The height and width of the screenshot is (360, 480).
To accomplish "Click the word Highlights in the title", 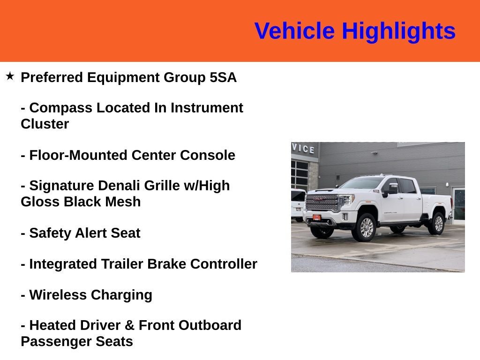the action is tap(398, 31).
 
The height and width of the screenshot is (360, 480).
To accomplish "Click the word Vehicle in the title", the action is tap(294, 30).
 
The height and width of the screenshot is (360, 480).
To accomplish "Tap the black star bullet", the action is tap(10, 76).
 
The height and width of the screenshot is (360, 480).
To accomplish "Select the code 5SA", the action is tap(223, 77).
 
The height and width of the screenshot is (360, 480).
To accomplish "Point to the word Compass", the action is tap(60, 108).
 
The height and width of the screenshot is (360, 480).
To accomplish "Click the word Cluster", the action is tap(45, 124).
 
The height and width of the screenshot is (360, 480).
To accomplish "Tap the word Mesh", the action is tap(123, 202).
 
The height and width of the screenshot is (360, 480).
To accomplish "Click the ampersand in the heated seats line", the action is tap(129, 325).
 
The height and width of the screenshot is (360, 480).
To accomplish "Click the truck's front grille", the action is tap(322, 202).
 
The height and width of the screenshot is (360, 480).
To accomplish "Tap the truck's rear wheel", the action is tap(438, 224).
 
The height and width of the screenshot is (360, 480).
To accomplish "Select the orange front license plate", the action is tap(316, 217).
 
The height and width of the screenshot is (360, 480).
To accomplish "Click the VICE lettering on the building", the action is tap(303, 149).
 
